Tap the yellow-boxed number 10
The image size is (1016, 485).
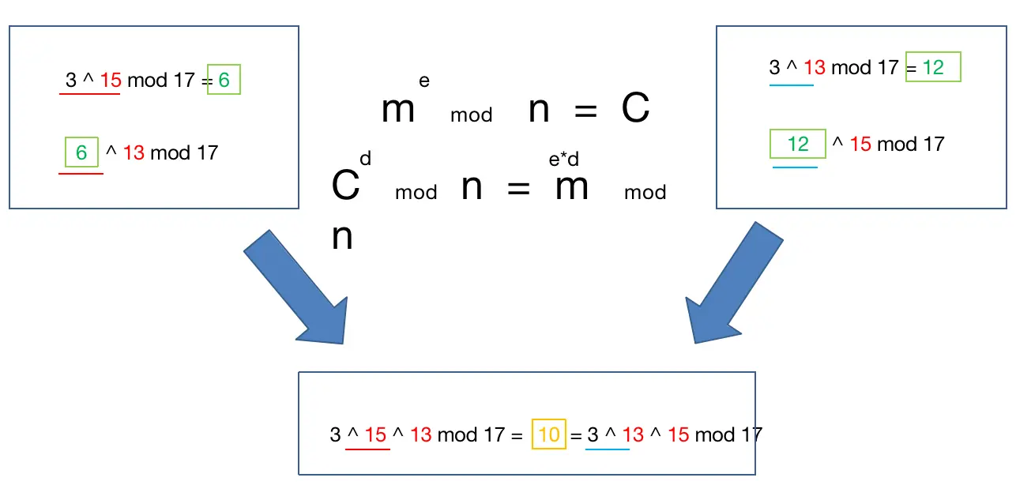pyautogui.click(x=549, y=434)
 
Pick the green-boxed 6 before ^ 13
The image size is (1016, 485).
pyautogui.click(x=81, y=152)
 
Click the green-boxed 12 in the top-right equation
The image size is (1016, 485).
pyautogui.click(x=933, y=67)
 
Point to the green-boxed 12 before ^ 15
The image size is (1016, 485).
pyautogui.click(x=798, y=144)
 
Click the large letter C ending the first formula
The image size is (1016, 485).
pyautogui.click(x=635, y=110)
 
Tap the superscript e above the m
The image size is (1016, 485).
pyautogui.click(x=424, y=81)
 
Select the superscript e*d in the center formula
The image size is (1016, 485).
pyautogui.click(x=564, y=160)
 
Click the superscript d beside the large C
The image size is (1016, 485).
pyautogui.click(x=365, y=160)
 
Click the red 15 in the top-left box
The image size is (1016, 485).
pyautogui.click(x=111, y=80)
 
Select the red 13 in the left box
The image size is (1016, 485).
pyautogui.click(x=134, y=152)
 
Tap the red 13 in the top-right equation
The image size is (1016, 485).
pyautogui.click(x=814, y=67)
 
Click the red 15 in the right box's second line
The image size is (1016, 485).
pyautogui.click(x=860, y=144)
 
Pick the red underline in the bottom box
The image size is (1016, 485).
pyautogui.click(x=369, y=449)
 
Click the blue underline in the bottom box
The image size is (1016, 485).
pyautogui.click(x=607, y=449)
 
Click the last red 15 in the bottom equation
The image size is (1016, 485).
pyautogui.click(x=679, y=434)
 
